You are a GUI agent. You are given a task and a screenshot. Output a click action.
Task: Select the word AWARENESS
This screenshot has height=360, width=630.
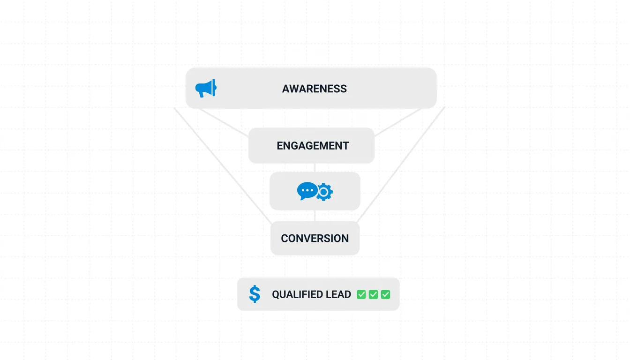pyautogui.click(x=315, y=89)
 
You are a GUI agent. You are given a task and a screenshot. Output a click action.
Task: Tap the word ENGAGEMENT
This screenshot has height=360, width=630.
pyautogui.click(x=313, y=146)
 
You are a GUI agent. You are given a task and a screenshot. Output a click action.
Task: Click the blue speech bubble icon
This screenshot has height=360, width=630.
pyautogui.click(x=307, y=191)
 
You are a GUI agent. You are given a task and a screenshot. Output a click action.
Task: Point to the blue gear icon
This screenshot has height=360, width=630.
pyautogui.click(x=324, y=192)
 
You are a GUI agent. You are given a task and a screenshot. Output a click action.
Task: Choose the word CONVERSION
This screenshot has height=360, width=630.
pyautogui.click(x=315, y=238)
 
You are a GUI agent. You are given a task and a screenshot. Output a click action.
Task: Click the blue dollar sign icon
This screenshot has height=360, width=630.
pyautogui.click(x=255, y=294)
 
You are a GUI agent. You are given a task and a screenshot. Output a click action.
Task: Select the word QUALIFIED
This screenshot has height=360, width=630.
pyautogui.click(x=296, y=294)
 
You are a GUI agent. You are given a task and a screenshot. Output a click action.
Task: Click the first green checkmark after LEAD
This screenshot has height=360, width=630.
pyautogui.click(x=361, y=294)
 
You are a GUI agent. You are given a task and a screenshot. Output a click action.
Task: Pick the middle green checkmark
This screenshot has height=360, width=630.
pyautogui.click(x=373, y=294)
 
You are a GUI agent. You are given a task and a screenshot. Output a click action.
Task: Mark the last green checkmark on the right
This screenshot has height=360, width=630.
pyautogui.click(x=385, y=294)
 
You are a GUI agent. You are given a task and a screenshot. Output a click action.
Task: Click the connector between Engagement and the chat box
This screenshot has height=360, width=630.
pyautogui.click(x=315, y=168)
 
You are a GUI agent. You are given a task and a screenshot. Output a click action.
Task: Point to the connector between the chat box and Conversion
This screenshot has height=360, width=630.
pyautogui.click(x=315, y=216)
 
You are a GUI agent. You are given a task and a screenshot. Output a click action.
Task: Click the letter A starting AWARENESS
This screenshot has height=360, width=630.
pyautogui.click(x=285, y=89)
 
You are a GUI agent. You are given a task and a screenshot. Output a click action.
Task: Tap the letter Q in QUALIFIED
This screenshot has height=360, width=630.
pyautogui.click(x=276, y=294)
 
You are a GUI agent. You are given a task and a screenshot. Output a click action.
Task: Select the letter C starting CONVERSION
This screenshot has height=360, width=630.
pyautogui.click(x=285, y=238)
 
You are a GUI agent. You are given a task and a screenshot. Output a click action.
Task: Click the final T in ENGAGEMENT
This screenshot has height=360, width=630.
pyautogui.click(x=346, y=146)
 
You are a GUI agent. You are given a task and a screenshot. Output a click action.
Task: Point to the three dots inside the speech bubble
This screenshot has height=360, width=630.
pyautogui.click(x=307, y=190)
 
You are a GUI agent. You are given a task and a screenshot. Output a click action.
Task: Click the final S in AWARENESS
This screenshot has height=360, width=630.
pyautogui.click(x=344, y=89)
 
